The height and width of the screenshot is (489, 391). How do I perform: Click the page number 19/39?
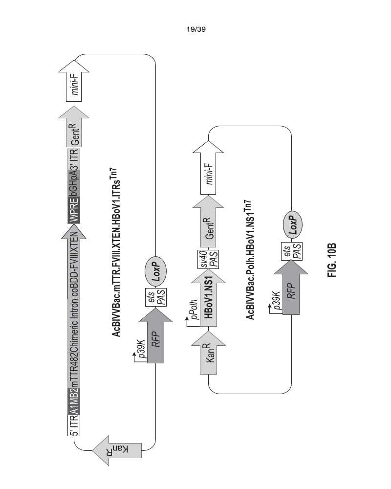click(x=195, y=29)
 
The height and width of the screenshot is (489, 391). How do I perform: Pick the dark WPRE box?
click(x=74, y=213)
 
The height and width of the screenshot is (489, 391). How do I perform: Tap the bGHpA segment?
click(x=74, y=186)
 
